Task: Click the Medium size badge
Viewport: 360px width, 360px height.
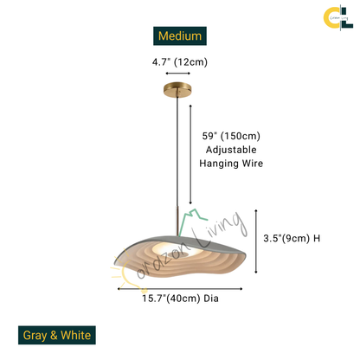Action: (180, 36)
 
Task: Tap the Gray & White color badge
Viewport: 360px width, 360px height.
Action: (57, 335)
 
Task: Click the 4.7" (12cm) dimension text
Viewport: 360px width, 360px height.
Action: (180, 62)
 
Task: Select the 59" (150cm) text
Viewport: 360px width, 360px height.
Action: (231, 136)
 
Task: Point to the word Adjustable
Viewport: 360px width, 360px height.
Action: (231, 150)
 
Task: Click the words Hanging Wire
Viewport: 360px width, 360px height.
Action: (231, 164)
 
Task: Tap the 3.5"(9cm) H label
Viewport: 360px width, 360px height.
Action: (292, 238)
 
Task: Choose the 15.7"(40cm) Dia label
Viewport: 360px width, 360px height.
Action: (180, 299)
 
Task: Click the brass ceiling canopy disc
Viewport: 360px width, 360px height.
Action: (177, 89)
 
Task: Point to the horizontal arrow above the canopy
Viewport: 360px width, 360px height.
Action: (177, 74)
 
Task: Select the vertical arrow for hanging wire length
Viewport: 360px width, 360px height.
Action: (190, 155)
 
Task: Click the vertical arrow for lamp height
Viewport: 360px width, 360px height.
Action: (256, 241)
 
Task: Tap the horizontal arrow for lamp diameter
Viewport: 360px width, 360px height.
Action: (180, 289)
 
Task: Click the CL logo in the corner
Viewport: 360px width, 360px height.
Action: (338, 18)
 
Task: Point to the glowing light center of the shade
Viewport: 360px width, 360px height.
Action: (175, 248)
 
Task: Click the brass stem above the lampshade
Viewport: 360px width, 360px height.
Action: (177, 220)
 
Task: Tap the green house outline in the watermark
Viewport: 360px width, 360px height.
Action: (191, 221)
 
